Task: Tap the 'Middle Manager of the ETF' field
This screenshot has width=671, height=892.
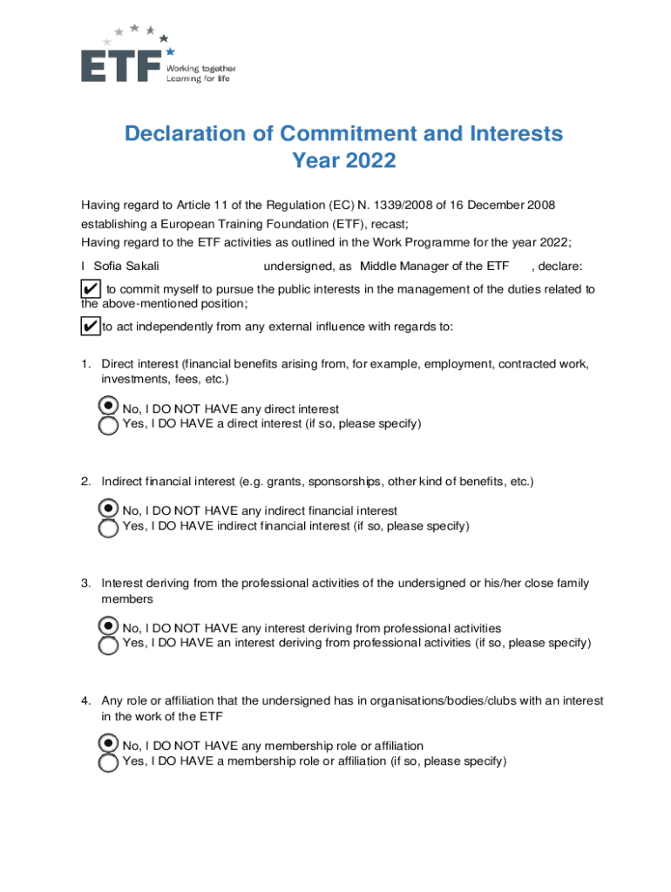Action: coord(434,266)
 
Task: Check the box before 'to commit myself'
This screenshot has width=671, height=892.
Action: coord(89,289)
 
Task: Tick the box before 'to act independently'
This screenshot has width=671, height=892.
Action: coord(89,327)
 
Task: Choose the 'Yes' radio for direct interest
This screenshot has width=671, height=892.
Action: coord(108,426)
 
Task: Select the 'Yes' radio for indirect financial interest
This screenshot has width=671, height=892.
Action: coord(108,528)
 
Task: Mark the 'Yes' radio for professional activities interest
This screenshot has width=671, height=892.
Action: coord(108,645)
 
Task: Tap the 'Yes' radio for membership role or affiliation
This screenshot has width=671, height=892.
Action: coord(108,763)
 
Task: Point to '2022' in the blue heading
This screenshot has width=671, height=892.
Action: coord(369,161)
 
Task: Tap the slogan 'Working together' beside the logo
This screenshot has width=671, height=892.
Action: coord(201,68)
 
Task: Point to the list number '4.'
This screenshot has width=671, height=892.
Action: coord(87,701)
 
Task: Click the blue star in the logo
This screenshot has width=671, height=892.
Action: coord(171,51)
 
